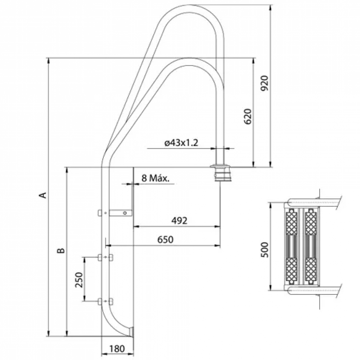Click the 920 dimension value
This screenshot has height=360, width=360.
coord(265,83)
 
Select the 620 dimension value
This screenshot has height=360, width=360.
coord(248,116)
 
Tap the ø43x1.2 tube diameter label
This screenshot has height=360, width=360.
coord(181,143)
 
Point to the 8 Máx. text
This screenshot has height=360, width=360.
coord(155,178)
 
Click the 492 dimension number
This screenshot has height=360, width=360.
coord(179,220)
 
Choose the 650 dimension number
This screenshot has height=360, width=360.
coord(165,239)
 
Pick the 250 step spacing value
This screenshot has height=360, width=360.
coord(79,280)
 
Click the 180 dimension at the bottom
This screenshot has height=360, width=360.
coord(117,348)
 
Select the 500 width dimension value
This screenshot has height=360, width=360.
coord(265,249)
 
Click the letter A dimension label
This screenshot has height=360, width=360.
coord(43,195)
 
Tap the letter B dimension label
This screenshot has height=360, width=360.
coord(61,250)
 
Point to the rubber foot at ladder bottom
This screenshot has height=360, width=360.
coord(132,332)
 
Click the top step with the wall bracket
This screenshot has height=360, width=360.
coord(115,213)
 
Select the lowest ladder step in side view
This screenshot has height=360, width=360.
coord(105,301)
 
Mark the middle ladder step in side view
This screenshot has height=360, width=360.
coord(105,257)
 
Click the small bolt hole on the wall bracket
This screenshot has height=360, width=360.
coord(125,213)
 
